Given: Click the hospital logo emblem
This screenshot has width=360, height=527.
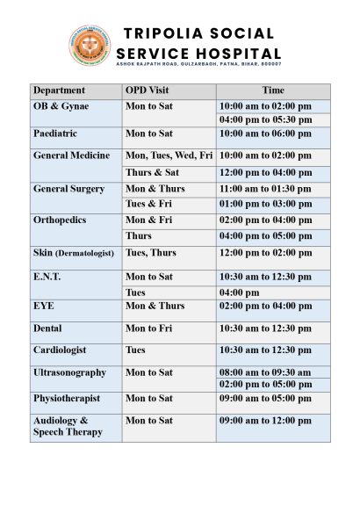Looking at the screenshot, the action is pos(90,47).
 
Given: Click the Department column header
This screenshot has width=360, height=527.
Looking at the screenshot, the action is pos(59,90).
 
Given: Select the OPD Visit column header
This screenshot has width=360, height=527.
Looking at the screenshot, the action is pos(146,90).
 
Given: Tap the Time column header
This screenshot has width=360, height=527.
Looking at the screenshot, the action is pos(273,90).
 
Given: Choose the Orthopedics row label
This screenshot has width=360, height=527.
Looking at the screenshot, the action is pos(64,220).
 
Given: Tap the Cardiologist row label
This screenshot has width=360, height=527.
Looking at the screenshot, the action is pos(60,350).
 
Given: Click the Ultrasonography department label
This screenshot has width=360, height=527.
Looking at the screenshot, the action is pos(69,372).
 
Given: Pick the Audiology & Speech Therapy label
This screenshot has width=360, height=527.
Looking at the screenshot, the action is pos(68,426).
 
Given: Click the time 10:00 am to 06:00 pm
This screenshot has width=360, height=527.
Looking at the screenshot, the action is pos(265,134).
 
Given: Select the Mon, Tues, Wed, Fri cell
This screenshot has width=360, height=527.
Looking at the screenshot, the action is pos(169,155).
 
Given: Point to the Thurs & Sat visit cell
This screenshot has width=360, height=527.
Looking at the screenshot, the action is pos(152,172).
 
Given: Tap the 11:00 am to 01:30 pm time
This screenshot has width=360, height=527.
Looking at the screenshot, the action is pos(265,189).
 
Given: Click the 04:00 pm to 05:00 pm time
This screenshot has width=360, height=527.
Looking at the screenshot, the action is pos(265,236).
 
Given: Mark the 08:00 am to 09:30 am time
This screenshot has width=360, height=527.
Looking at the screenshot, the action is pos(265,372).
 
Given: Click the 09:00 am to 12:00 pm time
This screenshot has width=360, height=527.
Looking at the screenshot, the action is pos(265,421).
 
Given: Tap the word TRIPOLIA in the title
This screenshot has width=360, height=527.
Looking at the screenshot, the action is pos(164,33).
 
